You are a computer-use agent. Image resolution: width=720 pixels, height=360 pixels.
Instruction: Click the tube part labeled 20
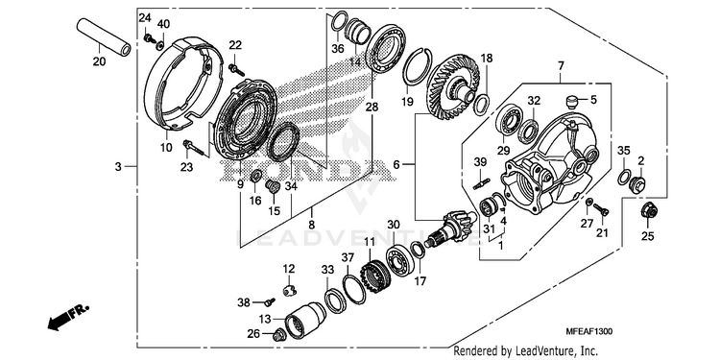click(x=104, y=36)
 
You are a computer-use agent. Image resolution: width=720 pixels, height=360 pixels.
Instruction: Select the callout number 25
click(x=647, y=236)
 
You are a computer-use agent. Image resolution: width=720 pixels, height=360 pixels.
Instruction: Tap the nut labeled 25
click(x=649, y=210)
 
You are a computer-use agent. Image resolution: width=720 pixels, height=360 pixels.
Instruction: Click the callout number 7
click(x=562, y=67)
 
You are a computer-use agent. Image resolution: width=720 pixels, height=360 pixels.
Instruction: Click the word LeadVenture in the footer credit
click(x=543, y=351)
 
